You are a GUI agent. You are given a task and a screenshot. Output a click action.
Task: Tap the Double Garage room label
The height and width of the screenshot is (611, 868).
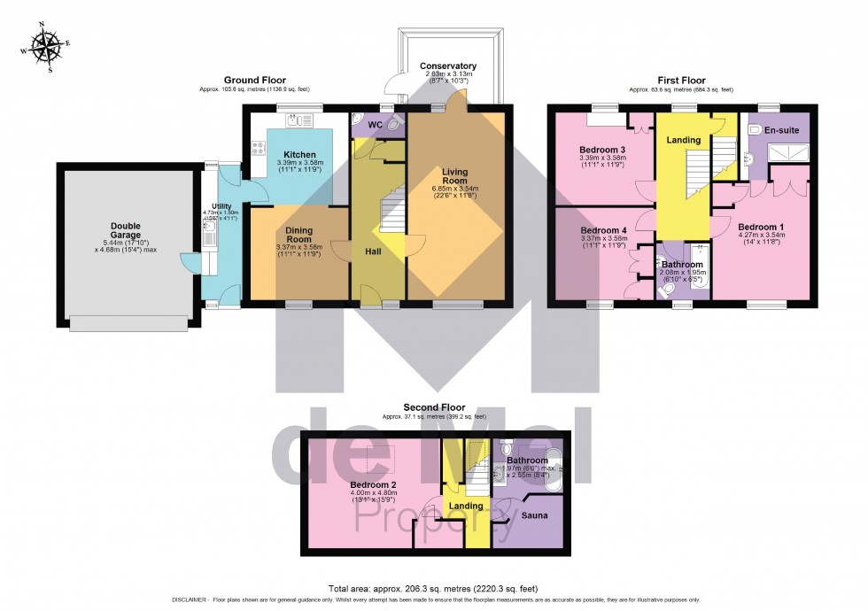(126, 226)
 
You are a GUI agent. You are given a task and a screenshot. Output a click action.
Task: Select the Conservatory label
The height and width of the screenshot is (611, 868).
(447, 66)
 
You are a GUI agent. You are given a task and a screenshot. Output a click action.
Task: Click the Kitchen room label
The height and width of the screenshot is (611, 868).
(299, 154)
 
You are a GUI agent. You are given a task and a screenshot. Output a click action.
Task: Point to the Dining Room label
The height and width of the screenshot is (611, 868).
(299, 235)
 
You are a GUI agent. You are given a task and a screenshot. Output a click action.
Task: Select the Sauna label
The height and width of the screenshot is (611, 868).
(533, 514)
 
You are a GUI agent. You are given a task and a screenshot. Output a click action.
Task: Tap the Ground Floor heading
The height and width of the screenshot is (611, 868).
(254, 80)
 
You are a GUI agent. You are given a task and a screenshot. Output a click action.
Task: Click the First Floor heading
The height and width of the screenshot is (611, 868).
(680, 80)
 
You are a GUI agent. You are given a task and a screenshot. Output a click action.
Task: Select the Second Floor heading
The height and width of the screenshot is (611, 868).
(434, 407)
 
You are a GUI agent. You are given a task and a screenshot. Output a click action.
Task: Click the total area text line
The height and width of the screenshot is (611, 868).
(433, 588)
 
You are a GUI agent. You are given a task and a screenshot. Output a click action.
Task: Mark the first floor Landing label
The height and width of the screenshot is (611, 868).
(684, 140)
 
